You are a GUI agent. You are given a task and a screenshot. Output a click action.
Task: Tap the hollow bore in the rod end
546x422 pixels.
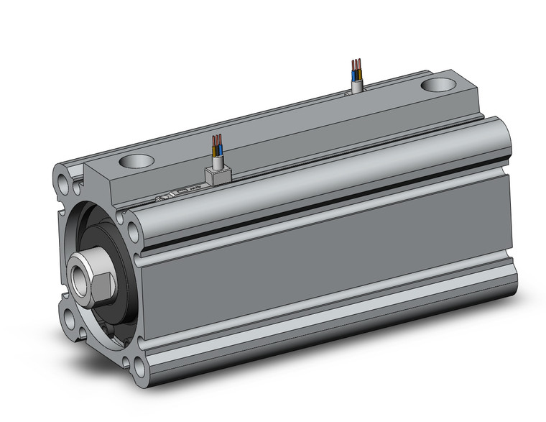[x=80, y=275]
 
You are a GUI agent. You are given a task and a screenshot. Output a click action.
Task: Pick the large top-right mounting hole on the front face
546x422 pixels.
[x=134, y=231]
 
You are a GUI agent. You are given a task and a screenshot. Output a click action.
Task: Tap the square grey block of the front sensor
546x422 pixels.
[x=216, y=175]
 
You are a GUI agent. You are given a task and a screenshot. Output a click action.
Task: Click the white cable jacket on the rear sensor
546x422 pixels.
[x=357, y=86]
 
